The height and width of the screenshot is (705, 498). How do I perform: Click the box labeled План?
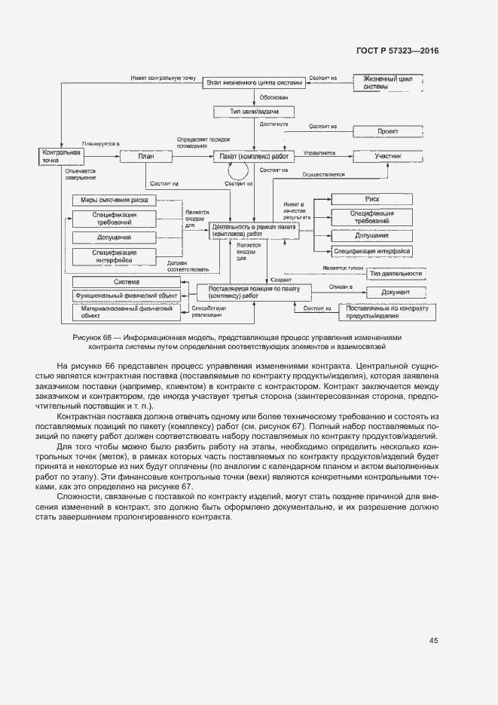[147, 156]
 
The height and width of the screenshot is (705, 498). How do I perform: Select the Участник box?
[388, 156]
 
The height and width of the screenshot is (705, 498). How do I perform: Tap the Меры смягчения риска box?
[115, 200]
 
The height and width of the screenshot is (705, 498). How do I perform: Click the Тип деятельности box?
[395, 273]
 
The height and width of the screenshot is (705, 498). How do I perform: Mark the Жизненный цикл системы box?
[387, 81]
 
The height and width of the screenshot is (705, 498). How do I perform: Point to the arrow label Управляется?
[319, 153]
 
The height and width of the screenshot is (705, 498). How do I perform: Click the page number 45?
[433, 640]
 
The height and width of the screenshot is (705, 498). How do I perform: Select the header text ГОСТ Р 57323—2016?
[397, 51]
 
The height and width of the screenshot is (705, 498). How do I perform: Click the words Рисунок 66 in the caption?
[94, 337]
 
